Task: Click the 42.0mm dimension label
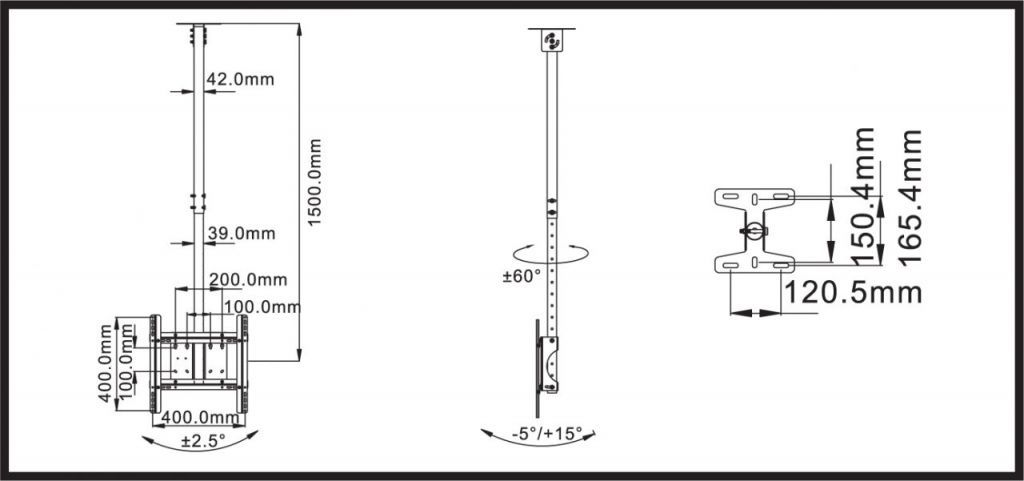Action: (240, 80)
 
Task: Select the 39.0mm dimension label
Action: (242, 233)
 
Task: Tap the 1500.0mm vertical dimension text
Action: (315, 182)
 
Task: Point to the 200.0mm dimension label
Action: (248, 280)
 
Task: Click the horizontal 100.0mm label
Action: (263, 307)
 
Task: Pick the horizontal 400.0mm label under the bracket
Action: (200, 417)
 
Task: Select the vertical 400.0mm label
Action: (106, 363)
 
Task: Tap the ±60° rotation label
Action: (522, 276)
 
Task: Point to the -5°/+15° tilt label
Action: (538, 432)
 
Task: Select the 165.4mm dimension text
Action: (910, 197)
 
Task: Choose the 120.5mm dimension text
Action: (852, 293)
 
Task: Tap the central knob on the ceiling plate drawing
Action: (754, 230)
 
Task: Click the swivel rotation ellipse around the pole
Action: (551, 253)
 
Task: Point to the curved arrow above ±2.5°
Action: (200, 441)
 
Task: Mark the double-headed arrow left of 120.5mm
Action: (755, 313)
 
